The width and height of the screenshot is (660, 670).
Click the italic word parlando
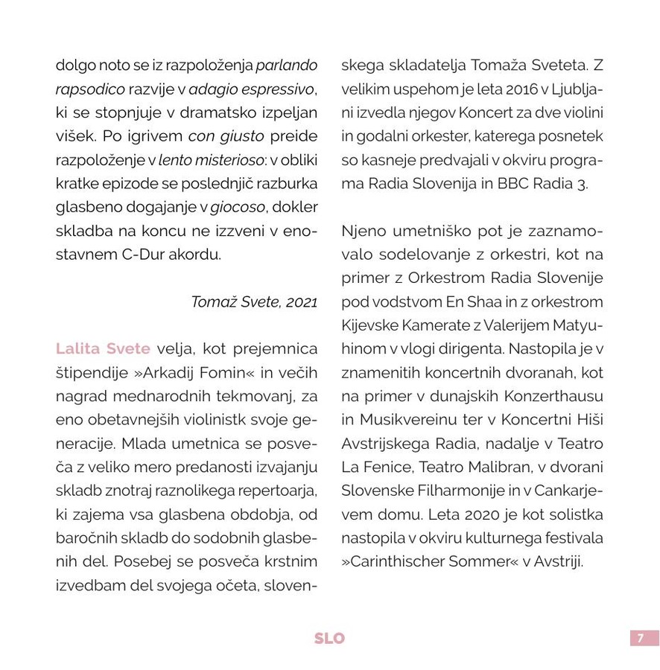click(x=287, y=66)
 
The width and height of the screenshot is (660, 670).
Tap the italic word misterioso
click(x=238, y=160)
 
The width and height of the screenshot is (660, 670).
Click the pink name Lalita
click(x=80, y=349)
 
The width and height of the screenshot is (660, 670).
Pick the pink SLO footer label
click(x=329, y=639)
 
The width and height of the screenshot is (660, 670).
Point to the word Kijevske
click(x=370, y=325)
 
